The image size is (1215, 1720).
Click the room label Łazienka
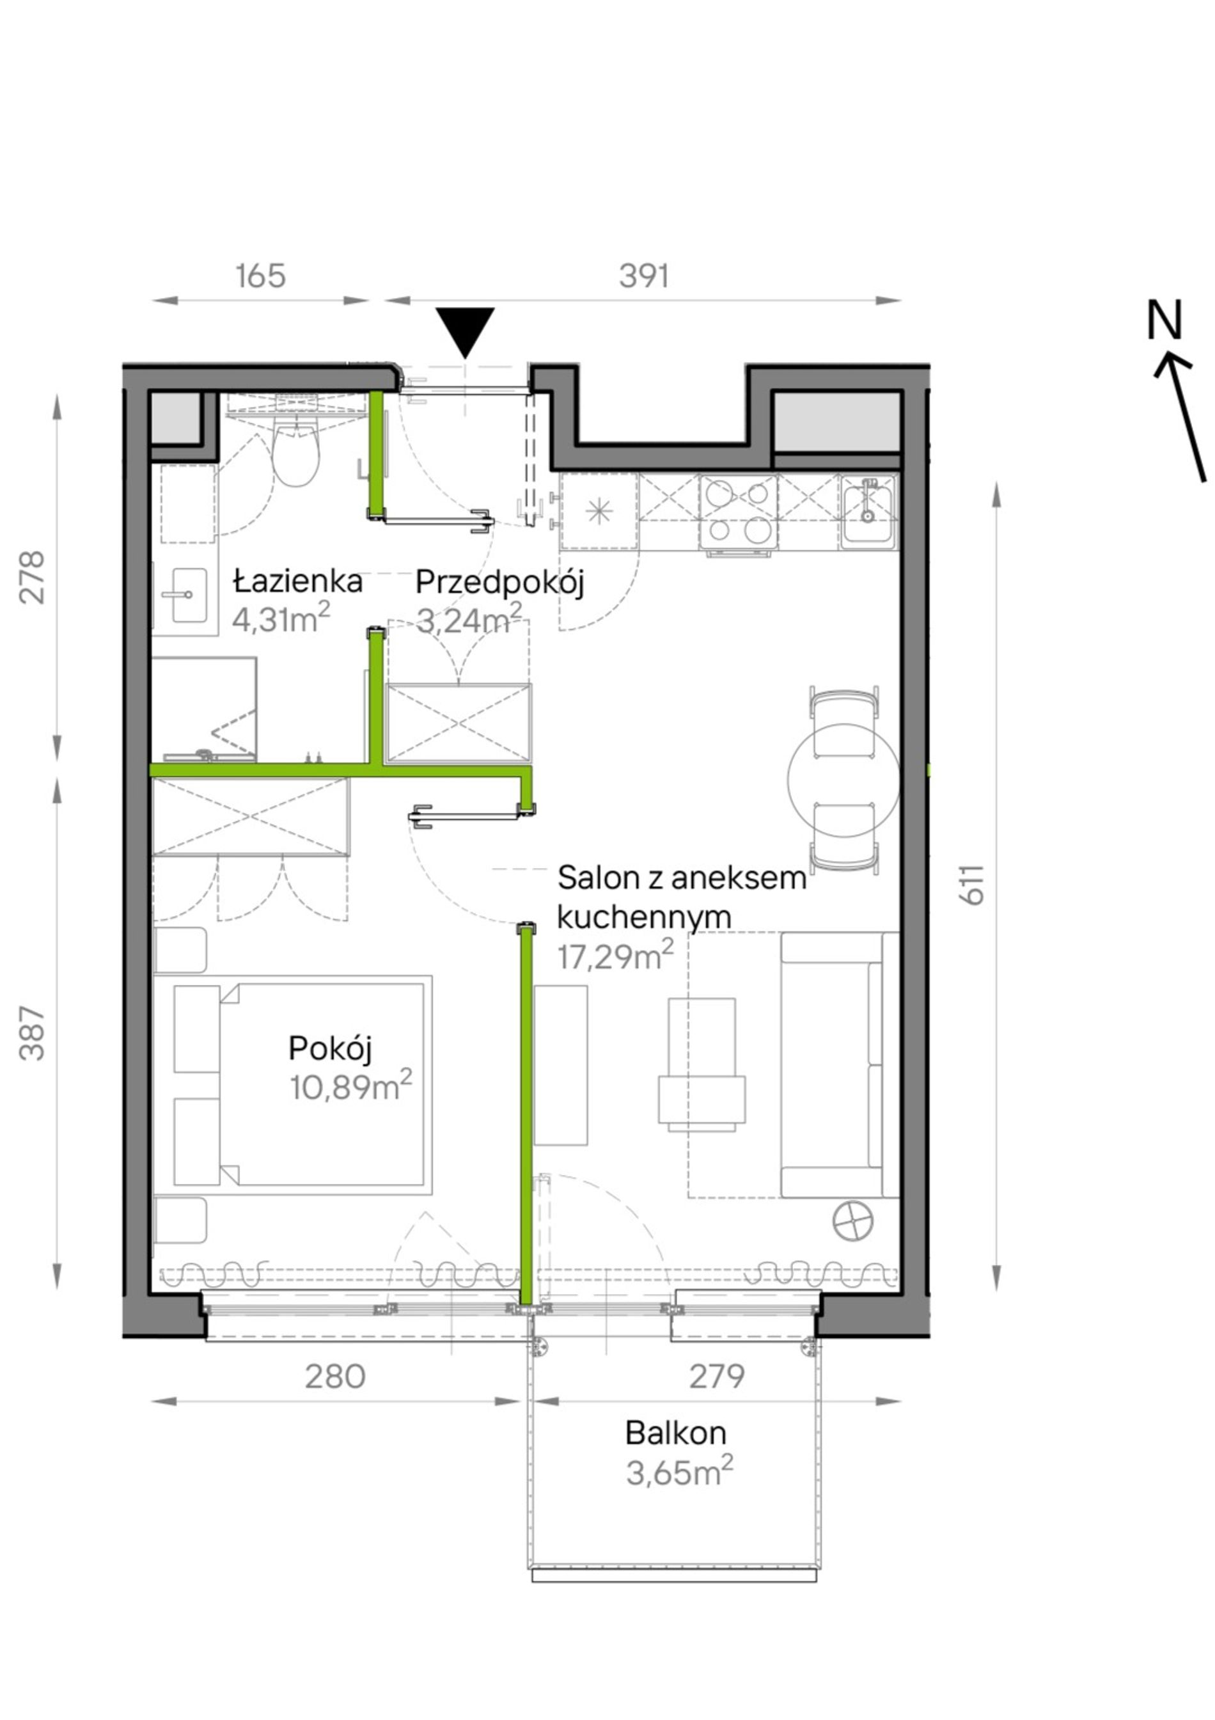(x=298, y=581)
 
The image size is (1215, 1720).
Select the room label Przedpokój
(x=499, y=583)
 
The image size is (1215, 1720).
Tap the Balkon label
(x=676, y=1433)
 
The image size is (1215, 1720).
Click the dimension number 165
(x=261, y=276)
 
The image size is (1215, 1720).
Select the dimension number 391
(x=643, y=276)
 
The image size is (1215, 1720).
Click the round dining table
(x=843, y=779)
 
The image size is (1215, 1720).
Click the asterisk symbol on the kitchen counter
(x=599, y=512)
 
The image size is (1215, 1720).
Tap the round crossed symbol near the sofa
(x=852, y=1222)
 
